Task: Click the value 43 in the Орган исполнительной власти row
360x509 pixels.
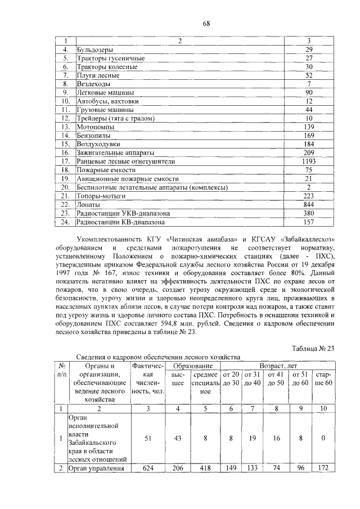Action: click(x=178, y=438)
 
